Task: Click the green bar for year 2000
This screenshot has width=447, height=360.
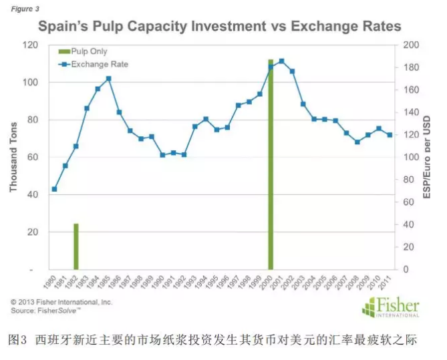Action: tap(271, 167)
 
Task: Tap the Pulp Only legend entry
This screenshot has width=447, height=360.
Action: tap(87, 51)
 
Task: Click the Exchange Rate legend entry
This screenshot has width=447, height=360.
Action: tap(96, 64)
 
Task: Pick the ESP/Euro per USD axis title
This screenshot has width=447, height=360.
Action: tap(428, 158)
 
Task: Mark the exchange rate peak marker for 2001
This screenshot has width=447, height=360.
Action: tap(281, 61)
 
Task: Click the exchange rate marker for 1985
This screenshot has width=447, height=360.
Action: tap(108, 79)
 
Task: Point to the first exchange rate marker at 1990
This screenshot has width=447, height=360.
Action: tap(54, 189)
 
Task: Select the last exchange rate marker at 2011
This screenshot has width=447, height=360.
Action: tap(390, 135)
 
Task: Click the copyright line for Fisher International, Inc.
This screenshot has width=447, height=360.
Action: tap(61, 302)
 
